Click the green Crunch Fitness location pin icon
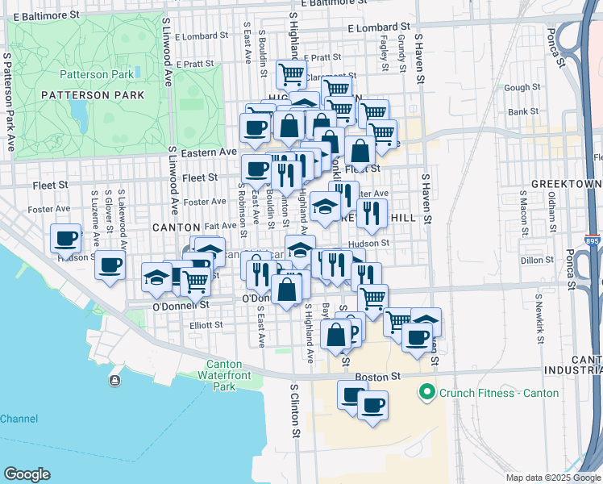click(x=425, y=393)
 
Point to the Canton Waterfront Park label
click(x=223, y=375)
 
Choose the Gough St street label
click(x=522, y=87)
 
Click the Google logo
click(x=27, y=474)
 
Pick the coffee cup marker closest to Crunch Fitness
click(x=372, y=406)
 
